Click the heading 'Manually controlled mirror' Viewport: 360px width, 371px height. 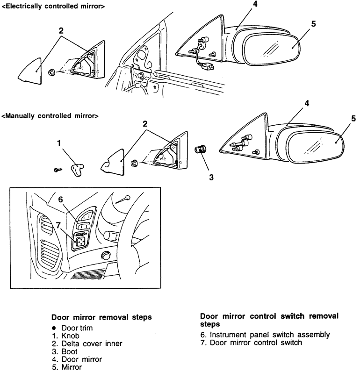coord(50,115)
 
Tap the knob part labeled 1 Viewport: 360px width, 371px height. coord(77,169)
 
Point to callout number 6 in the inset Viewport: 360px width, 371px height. coord(60,199)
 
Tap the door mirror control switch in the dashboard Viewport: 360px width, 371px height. coord(81,242)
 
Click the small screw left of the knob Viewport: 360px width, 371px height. coord(58,169)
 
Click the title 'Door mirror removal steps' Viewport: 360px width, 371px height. coord(101,317)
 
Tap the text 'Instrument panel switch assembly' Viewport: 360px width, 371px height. coord(271,335)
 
